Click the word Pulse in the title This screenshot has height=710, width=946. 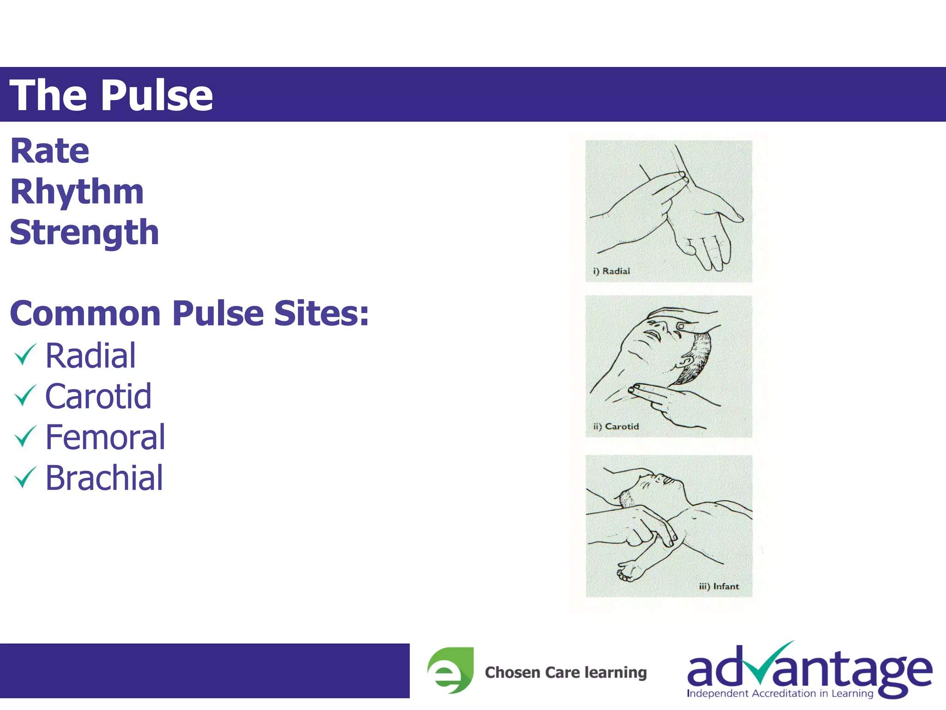pyautogui.click(x=157, y=95)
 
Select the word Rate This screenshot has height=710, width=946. pyautogui.click(x=50, y=151)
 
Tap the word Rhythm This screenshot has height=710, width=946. pyautogui.click(x=77, y=192)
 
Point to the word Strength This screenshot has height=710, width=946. pyautogui.click(x=85, y=233)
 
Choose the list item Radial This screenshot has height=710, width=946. pyautogui.click(x=91, y=356)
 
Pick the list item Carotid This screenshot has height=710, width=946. pyautogui.click(x=98, y=397)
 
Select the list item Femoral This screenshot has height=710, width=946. pyautogui.click(x=105, y=437)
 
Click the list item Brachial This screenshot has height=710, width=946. pyautogui.click(x=104, y=478)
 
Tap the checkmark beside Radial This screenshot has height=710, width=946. pyautogui.click(x=25, y=355)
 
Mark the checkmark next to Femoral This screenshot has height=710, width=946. pyautogui.click(x=25, y=436)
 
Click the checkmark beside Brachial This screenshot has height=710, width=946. pyautogui.click(x=25, y=477)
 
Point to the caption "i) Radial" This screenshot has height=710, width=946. pyautogui.click(x=611, y=271)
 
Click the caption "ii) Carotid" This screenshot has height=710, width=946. pyautogui.click(x=616, y=426)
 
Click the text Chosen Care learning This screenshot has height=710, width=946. pyautogui.click(x=565, y=672)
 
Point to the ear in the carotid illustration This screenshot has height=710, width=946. pyautogui.click(x=687, y=361)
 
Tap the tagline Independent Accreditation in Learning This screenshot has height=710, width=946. pyautogui.click(x=780, y=693)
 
